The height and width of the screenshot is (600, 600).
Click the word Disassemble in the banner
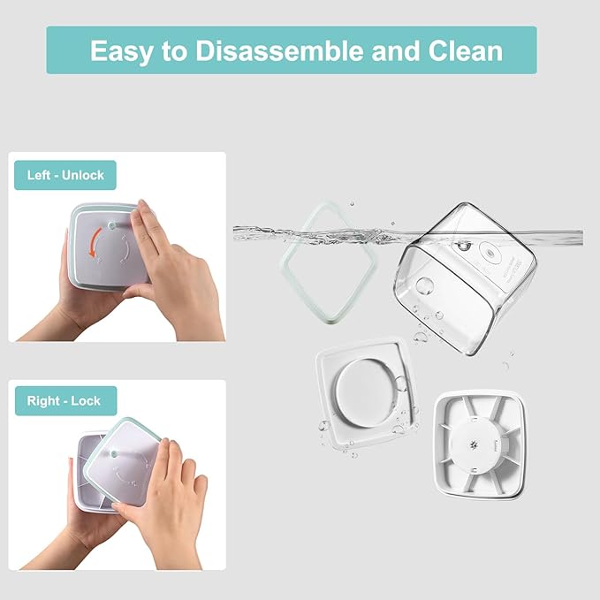coord(280,51)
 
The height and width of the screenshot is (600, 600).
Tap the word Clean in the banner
coord(465,51)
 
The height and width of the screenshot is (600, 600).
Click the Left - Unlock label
coord(65,175)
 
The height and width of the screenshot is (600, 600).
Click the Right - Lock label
coord(65,400)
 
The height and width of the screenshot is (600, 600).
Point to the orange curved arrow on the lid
coord(95,242)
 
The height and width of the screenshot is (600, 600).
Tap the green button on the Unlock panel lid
coord(112,225)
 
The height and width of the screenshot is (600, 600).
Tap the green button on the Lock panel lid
coord(114,454)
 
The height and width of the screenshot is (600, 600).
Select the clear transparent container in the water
coord(465,277)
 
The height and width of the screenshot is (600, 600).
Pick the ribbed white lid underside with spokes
coord(480,445)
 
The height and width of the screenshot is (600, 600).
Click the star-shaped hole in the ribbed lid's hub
coord(475,444)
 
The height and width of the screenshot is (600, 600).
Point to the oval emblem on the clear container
coord(490,252)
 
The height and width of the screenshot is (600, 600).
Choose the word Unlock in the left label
coord(83,175)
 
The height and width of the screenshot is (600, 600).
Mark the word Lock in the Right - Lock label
coord(86,400)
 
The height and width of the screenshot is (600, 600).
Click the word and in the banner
coord(396,51)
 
